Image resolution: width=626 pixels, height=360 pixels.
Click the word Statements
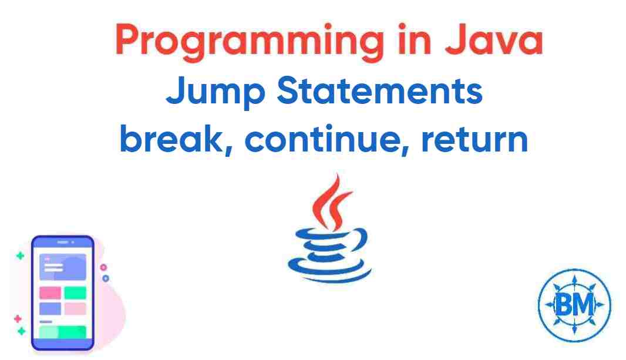[379, 92]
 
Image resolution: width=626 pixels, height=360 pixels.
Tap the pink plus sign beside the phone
[18, 318]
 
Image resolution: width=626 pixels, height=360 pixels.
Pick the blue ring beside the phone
[105, 278]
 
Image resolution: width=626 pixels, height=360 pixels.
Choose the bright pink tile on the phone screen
[50, 292]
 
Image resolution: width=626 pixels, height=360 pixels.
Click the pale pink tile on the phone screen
[75, 308]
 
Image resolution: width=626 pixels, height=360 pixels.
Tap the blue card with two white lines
[62, 267]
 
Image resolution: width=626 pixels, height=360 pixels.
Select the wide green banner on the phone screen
[62, 332]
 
